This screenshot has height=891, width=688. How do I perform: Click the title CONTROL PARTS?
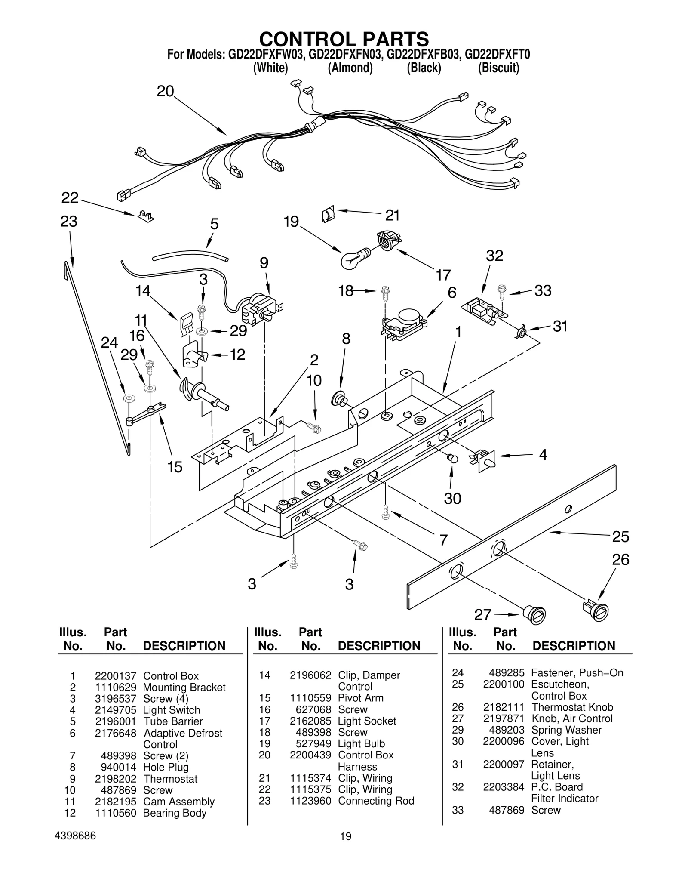344,39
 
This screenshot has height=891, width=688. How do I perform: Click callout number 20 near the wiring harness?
165,91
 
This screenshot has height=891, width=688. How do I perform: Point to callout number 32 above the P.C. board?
494,256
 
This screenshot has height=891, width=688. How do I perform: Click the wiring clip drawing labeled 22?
146,216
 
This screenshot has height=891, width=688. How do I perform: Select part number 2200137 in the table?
115,676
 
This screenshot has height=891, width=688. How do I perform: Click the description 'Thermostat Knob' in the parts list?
572,707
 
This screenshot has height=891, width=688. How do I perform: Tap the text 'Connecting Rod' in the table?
376,801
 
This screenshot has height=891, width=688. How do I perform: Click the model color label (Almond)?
350,68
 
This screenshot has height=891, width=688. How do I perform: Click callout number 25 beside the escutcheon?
620,536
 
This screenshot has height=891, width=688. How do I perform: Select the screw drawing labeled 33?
501,291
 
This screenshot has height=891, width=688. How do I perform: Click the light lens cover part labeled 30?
452,458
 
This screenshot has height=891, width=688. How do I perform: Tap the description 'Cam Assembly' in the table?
179,802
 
